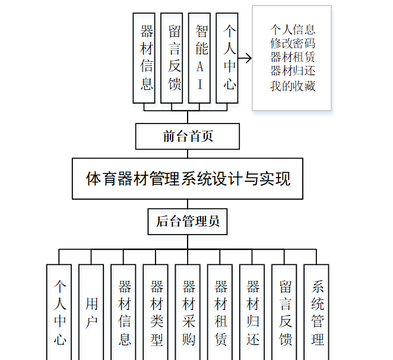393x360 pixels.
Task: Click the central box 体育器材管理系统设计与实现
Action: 188,178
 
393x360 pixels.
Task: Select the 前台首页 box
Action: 188,137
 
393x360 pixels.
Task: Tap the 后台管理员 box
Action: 188,222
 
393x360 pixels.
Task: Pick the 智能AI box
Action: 202,58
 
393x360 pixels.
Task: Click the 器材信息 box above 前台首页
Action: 147,58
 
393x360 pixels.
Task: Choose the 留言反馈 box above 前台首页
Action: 174,58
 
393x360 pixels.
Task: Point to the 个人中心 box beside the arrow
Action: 229,58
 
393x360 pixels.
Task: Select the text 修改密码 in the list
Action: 292,43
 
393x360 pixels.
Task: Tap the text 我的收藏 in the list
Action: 292,86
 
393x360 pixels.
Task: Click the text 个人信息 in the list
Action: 292,29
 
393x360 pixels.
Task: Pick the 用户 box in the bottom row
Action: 91,312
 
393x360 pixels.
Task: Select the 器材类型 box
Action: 156,312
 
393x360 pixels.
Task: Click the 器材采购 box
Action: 188,312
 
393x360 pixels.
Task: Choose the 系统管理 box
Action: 316,312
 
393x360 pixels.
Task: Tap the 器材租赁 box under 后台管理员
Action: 220,312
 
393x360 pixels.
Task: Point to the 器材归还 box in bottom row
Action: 252,312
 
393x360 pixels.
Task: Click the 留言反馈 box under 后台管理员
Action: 284,312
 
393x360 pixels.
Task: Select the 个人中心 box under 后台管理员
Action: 59,312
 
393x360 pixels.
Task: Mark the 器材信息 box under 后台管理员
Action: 123,312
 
